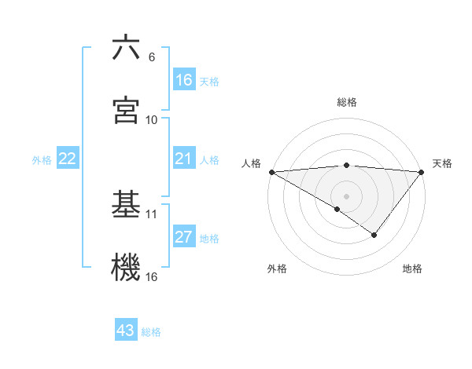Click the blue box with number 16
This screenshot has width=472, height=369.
click(184, 80)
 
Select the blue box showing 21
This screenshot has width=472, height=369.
click(184, 159)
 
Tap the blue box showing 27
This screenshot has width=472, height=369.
click(184, 238)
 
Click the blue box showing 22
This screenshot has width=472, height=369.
click(68, 159)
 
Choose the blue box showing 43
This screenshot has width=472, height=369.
click(126, 331)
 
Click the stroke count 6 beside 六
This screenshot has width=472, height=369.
click(152, 57)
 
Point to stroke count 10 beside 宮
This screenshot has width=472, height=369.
click(152, 119)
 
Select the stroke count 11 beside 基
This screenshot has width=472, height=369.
click(152, 214)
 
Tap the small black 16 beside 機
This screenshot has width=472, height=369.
click(152, 276)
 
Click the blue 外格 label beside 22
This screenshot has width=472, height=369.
click(42, 160)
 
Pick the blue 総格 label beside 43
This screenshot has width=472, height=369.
click(152, 332)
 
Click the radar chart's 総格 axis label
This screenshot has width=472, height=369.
click(347, 102)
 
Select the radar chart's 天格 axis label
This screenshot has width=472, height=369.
click(443, 163)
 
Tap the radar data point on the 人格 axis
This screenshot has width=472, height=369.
click(271, 171)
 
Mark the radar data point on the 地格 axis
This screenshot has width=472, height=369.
click(374, 235)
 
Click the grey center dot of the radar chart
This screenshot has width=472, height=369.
click(347, 195)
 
